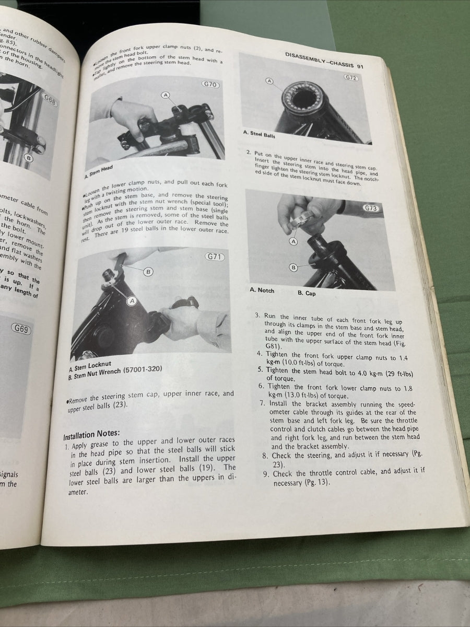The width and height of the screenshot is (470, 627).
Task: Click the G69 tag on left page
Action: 21,329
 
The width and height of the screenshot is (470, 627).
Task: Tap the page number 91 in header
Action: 360,66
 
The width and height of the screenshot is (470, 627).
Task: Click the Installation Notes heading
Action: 91,434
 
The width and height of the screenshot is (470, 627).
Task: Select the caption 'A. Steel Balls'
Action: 259,134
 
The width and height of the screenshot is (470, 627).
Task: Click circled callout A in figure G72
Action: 269,81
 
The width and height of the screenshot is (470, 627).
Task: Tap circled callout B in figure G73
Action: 293,268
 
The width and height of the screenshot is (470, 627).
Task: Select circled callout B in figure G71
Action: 148,272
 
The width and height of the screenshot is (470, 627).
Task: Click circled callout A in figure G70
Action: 166,95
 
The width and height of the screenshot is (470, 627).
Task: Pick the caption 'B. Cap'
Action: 307,293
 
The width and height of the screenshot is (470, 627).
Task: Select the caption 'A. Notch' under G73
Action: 262,290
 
